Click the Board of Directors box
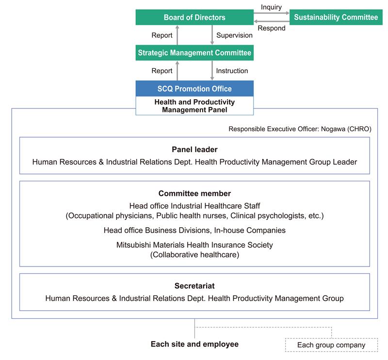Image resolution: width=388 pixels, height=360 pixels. point(194,17)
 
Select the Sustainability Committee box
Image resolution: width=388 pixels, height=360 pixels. point(336,17)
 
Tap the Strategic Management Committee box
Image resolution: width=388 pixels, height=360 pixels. point(194,53)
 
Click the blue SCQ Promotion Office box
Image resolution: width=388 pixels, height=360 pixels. point(194,89)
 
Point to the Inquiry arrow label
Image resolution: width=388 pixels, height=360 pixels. point(271,7)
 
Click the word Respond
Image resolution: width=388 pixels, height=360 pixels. point(272,28)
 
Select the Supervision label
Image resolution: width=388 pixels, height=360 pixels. point(234,35)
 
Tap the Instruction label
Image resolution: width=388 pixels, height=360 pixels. point(232,71)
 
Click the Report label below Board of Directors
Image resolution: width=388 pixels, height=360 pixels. point(162,35)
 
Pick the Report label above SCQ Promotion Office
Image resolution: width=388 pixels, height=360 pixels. point(162,71)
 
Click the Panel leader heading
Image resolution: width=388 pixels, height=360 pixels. point(194,150)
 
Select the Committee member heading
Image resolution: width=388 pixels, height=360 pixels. point(194,193)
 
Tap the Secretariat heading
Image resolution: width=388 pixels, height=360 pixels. point(194,286)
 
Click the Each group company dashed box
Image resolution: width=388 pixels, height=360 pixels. point(331,345)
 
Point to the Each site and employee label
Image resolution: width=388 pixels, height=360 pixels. point(194,344)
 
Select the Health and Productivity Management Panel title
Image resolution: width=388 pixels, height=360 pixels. point(194,106)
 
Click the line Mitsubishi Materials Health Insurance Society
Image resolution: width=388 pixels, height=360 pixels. point(194,245)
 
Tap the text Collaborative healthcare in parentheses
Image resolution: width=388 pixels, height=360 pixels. point(194,255)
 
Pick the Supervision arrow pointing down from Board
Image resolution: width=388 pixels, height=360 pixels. point(212,35)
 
